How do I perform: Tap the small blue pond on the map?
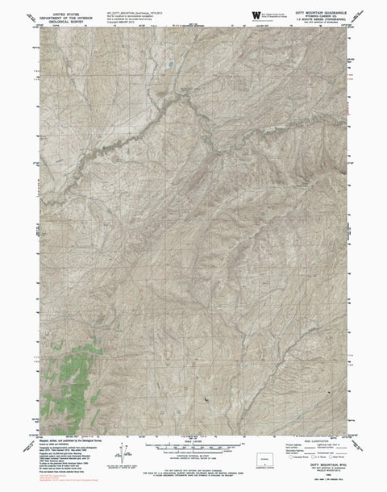171,62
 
